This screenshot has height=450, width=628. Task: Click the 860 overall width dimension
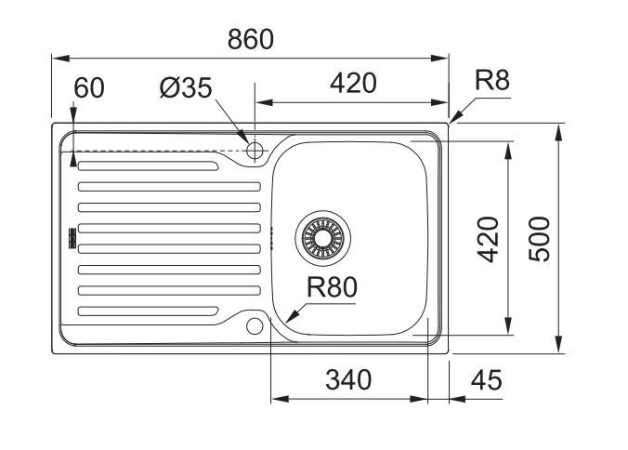pos(250,39)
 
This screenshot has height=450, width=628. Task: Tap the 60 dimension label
pos(89,87)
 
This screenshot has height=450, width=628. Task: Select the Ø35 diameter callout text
pos(186,87)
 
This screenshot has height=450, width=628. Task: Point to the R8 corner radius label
pos(491,80)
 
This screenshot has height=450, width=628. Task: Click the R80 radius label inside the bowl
pos(332,287)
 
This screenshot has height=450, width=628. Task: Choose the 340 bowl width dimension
pos(348,380)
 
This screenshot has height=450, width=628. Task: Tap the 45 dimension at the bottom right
pos(486,380)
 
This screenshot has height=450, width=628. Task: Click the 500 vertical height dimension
pos(539,239)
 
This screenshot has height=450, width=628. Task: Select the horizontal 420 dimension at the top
pos(353,84)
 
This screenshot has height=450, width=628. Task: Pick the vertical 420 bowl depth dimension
pos(489,239)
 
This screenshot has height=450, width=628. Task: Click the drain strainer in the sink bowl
pos(322,238)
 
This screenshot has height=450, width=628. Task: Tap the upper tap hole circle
pos(255,151)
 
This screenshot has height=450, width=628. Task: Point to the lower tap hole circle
pos(255,326)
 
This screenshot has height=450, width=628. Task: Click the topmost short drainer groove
pos(149,165)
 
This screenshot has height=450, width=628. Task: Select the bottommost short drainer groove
pos(149,311)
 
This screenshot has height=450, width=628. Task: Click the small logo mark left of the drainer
pos(72,238)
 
